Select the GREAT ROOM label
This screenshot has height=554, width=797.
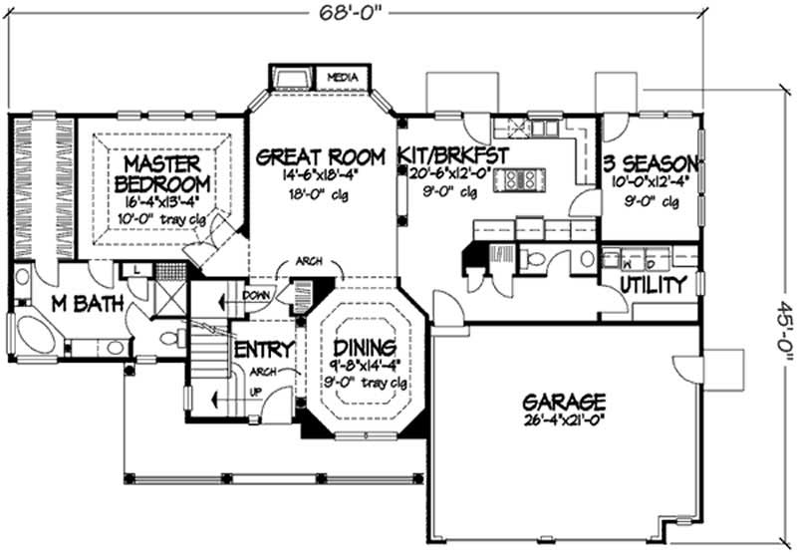pos(320,156)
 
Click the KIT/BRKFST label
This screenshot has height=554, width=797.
pos(453,155)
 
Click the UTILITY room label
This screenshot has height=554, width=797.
pos(653,286)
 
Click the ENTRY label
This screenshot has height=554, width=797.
pos(263,350)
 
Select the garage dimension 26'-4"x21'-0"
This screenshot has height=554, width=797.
pos(564,419)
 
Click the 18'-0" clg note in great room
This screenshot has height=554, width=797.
pos(320,194)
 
